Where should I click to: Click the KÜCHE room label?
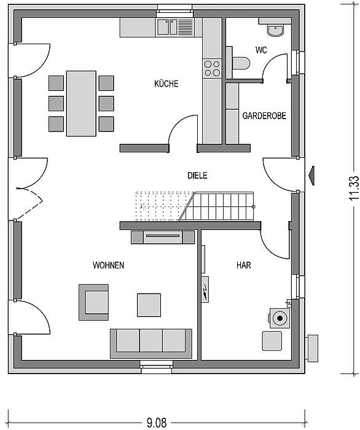tap(166, 84)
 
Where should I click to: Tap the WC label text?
tap(261, 50)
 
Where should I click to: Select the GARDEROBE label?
tap(264, 115)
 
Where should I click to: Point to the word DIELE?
tap(197, 176)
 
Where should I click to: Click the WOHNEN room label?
tap(108, 265)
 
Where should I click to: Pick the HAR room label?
tap(243, 265)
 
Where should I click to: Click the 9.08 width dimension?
tap(157, 423)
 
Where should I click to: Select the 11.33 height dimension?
tap(354, 188)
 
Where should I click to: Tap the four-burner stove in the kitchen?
tap(212, 69)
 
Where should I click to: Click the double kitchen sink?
tap(167, 27)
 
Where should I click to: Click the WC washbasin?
tap(275, 30)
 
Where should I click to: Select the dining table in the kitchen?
tap(81, 103)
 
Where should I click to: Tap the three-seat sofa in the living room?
tap(151, 343)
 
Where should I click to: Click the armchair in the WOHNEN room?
tap(94, 302)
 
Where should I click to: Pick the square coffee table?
tap(149, 305)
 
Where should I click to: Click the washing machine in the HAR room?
tap(280, 318)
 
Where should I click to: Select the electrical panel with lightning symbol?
tap(205, 289)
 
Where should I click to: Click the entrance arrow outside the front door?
tap(311, 176)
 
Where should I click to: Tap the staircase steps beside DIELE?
tap(217, 206)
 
